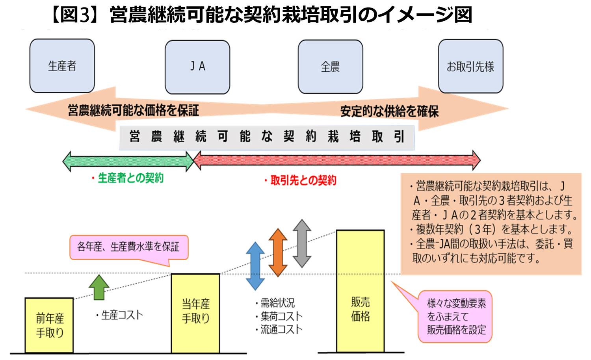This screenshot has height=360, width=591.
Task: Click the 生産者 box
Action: [62, 66]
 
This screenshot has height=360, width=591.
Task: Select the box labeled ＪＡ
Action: [197, 67]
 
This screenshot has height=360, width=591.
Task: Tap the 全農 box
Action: [330, 67]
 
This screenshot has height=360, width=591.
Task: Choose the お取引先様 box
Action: [470, 67]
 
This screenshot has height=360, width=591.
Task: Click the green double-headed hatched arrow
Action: [128, 161]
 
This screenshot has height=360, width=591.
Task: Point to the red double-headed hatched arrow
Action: [337, 160]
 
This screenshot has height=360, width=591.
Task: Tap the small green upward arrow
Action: [99, 287]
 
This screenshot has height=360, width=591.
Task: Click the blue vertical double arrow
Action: [255, 266]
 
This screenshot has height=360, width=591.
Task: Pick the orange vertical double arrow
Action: [278, 252]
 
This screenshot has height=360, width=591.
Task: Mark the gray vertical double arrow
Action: [302, 243]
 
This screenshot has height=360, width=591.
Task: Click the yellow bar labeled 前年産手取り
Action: [49, 325]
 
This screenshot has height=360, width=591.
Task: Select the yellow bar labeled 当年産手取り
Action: [195, 313]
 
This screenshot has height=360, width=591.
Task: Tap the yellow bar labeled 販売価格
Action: [360, 291]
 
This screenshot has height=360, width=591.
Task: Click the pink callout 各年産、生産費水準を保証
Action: [128, 247]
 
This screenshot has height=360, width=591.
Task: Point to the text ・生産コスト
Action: [119, 315]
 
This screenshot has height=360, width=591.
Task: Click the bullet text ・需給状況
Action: [275, 303]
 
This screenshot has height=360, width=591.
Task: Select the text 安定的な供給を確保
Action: [389, 111]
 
